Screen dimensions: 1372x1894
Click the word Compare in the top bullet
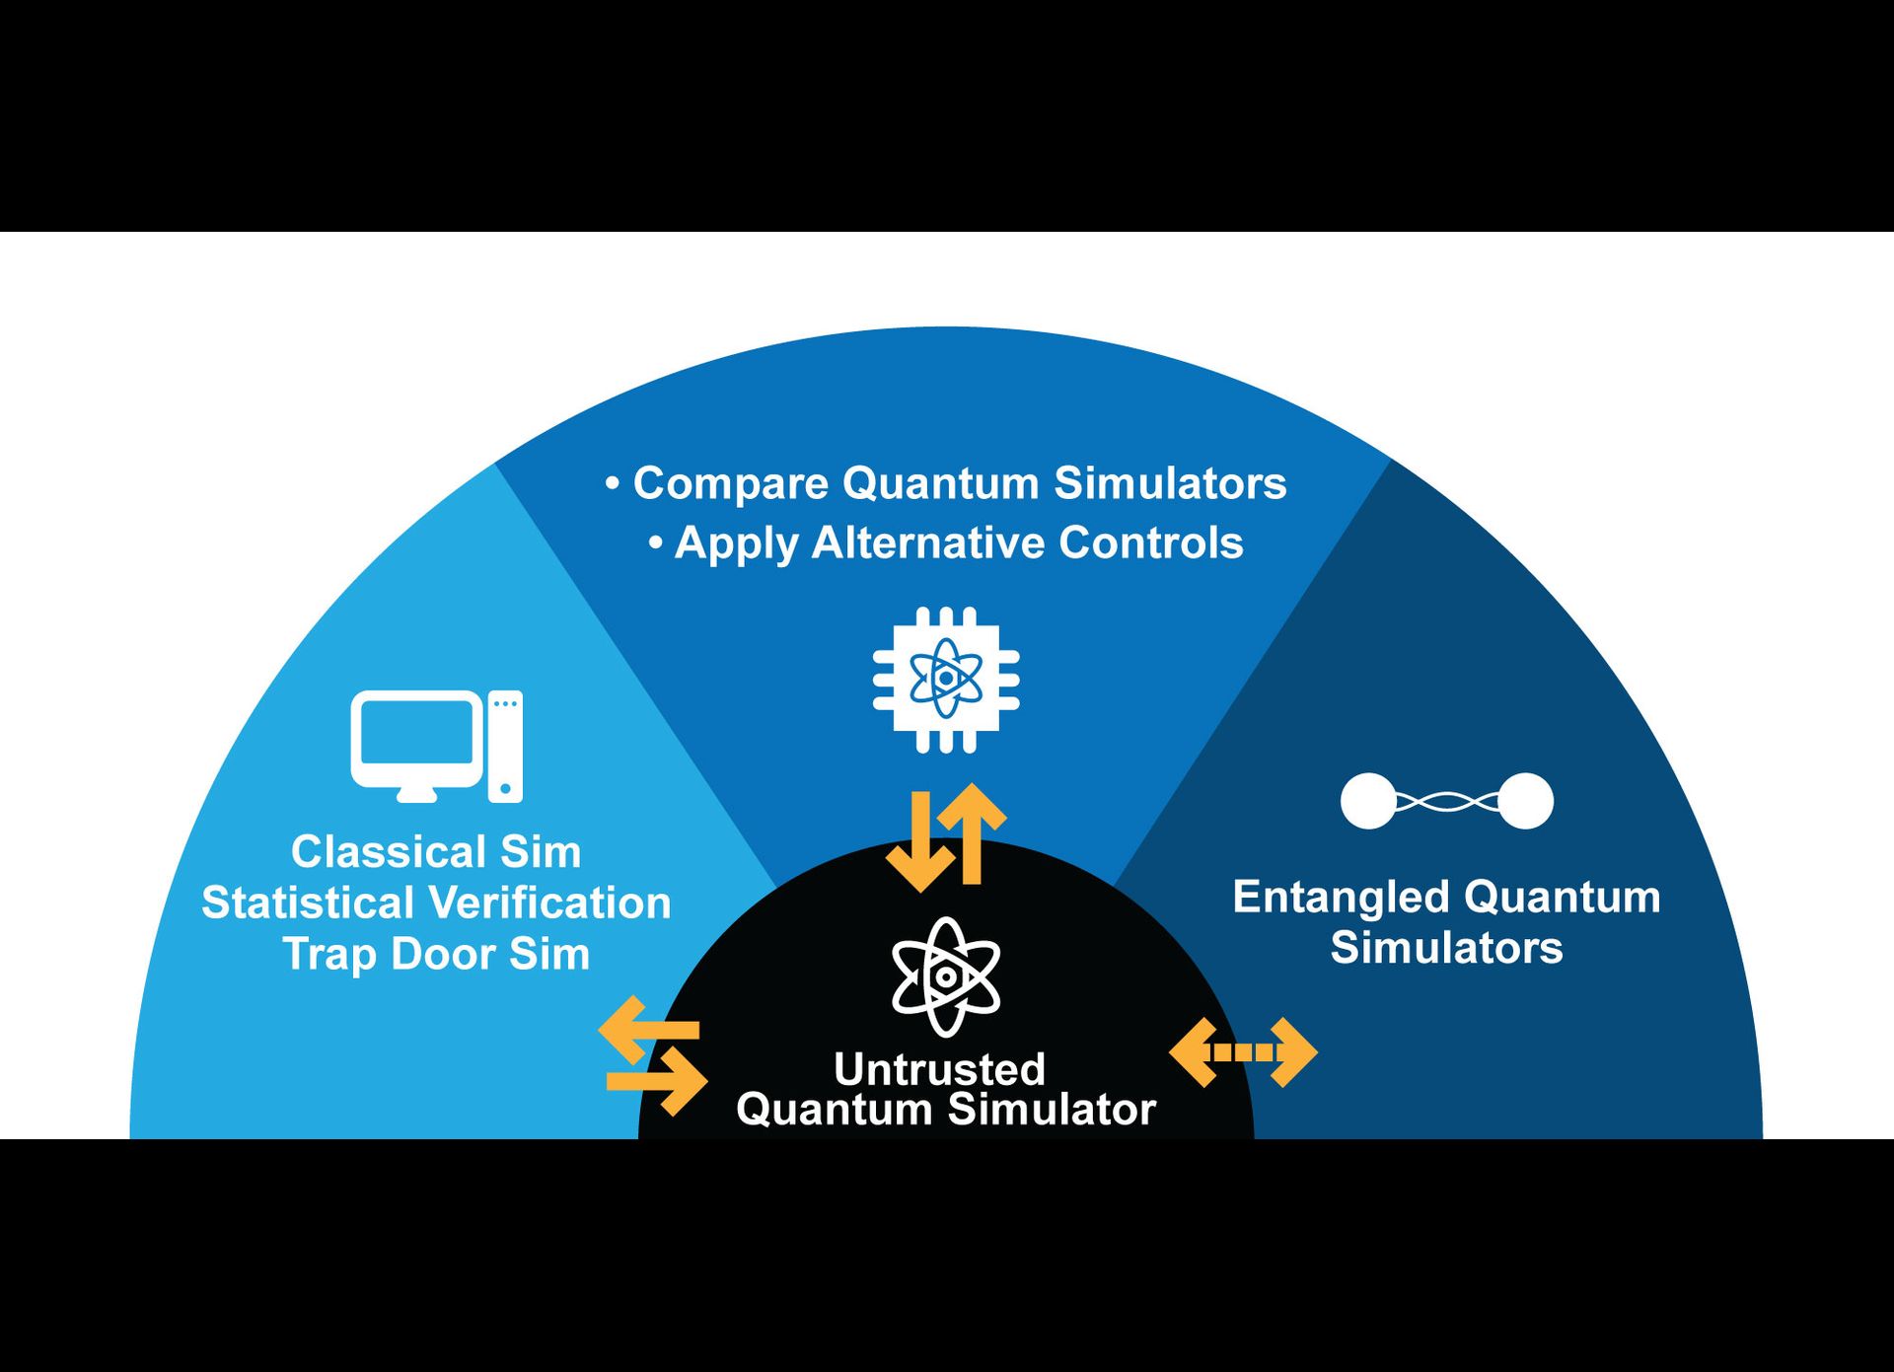pyautogui.click(x=730, y=484)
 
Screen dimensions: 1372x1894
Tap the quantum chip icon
pyautogui.click(x=946, y=680)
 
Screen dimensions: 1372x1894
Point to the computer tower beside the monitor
pyautogui.click(x=505, y=747)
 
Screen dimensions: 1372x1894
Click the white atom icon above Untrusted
pyautogui.click(x=945, y=976)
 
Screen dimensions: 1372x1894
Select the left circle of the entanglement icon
pyautogui.click(x=1368, y=801)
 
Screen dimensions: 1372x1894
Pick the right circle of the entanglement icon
pyautogui.click(x=1526, y=801)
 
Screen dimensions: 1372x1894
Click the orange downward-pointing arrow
pyautogui.click(x=920, y=843)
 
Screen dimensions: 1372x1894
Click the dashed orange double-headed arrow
pyautogui.click(x=1243, y=1052)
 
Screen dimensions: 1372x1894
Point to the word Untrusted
pyautogui.click(x=939, y=1069)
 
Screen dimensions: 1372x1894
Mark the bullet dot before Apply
pyautogui.click(x=656, y=543)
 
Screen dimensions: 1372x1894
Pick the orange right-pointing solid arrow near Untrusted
pyautogui.click(x=659, y=1081)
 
